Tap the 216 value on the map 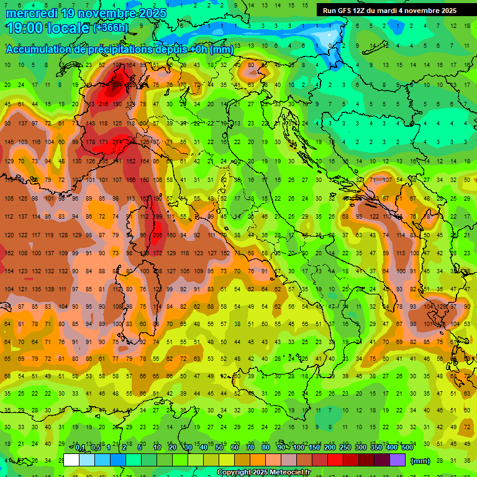coord(103,104)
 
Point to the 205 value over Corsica coord(157,235)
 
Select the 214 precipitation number coord(117,142)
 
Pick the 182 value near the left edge coord(9,253)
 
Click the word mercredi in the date coord(31,12)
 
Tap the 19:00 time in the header coord(22,27)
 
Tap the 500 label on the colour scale coord(407,448)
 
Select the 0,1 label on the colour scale coord(80,448)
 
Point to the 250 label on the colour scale coord(345,448)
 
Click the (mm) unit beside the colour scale coord(420,461)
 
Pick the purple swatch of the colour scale coord(397,460)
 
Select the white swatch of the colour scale coord(71,460)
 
